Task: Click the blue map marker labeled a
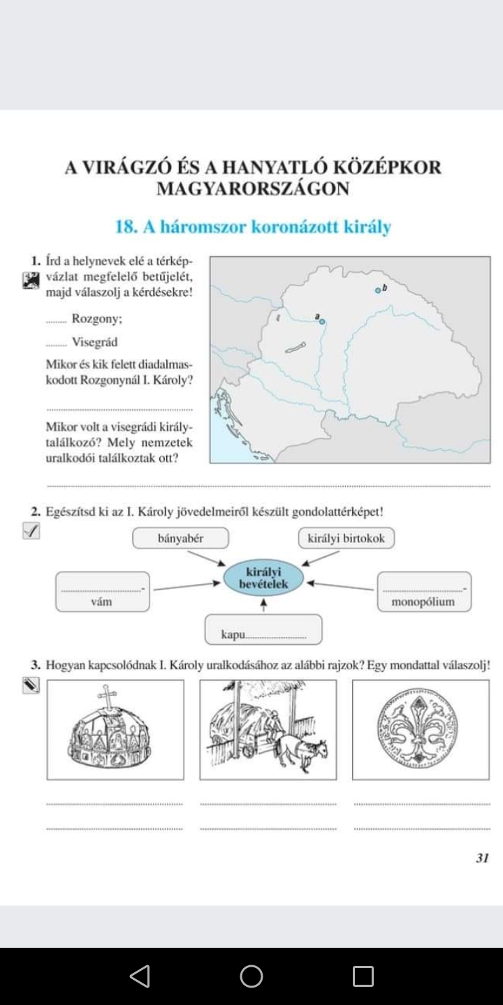pos(322,322)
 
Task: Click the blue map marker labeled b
pos(377,290)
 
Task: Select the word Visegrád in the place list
pos(94,342)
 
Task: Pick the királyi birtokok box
pos(346,538)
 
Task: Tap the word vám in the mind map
pos(102,601)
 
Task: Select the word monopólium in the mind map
pos(423,601)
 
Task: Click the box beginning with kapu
pos(263,630)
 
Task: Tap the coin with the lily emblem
pos(420,729)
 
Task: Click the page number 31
pos(481,858)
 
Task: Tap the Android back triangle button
pos(140,976)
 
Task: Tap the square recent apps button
pos(363,976)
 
